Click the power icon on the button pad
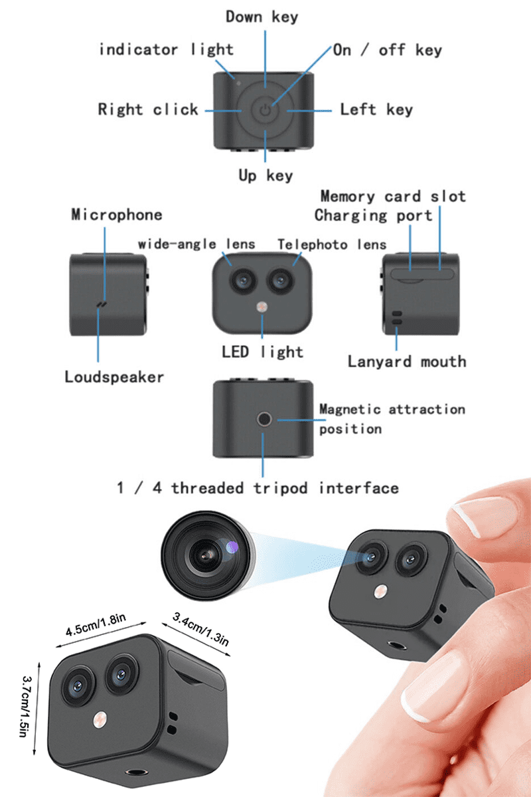coord(265,111)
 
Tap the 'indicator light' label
coord(166,50)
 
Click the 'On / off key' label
coord(387,50)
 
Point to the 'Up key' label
coord(265,176)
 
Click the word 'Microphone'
coord(117,215)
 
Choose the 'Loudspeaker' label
coord(114,377)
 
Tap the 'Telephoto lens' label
coord(332,244)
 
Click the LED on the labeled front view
coord(263,307)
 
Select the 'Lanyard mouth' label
coord(406,362)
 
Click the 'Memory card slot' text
coord(393,196)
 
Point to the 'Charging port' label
coord(373,215)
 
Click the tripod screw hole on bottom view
coord(265,419)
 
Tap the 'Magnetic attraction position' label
coord(392,418)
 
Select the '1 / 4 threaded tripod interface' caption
coord(258,488)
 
